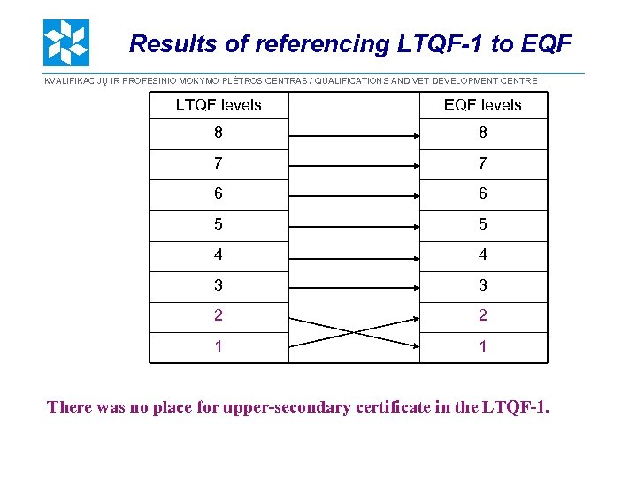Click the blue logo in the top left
(x=66, y=43)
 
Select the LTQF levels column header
(x=219, y=105)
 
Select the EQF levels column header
(x=483, y=105)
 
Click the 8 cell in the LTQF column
(x=219, y=134)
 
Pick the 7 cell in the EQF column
(x=483, y=164)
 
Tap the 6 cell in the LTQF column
(x=219, y=194)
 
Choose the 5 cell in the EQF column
(x=483, y=225)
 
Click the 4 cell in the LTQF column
(x=219, y=255)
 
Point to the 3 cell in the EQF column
(x=483, y=286)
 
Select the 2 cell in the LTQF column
(x=219, y=316)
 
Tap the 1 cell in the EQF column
(x=483, y=347)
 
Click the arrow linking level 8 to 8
(x=354, y=136)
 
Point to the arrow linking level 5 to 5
(x=354, y=225)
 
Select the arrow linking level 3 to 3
(x=354, y=286)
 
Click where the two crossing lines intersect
(x=354, y=332)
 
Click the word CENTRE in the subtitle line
(x=517, y=81)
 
